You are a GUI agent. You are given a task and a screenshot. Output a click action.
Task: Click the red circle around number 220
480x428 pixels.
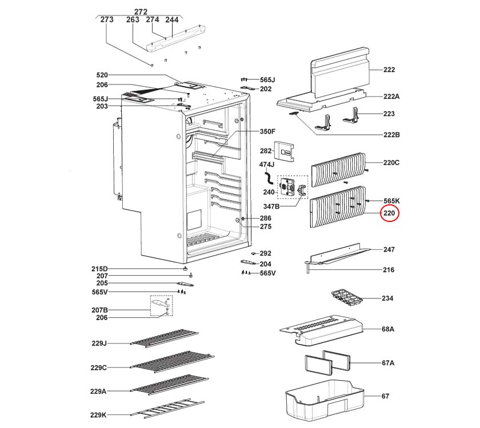(x=389, y=214)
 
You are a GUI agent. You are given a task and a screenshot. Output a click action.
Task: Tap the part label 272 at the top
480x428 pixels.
(x=141, y=11)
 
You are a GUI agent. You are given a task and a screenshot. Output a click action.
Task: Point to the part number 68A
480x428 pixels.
(x=389, y=329)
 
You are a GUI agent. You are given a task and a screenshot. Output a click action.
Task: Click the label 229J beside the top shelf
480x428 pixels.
(x=98, y=343)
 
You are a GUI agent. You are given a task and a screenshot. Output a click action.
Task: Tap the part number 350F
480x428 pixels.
(x=268, y=131)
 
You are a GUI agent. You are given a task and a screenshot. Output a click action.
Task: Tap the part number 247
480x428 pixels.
(x=389, y=250)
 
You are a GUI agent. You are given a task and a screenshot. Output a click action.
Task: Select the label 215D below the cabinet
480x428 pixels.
(x=98, y=269)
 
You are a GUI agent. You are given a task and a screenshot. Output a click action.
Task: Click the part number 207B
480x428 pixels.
(x=98, y=310)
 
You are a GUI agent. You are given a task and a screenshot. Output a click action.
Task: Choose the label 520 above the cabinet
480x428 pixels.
(x=102, y=75)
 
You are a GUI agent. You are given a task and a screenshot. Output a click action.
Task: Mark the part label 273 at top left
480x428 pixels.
(x=107, y=19)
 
